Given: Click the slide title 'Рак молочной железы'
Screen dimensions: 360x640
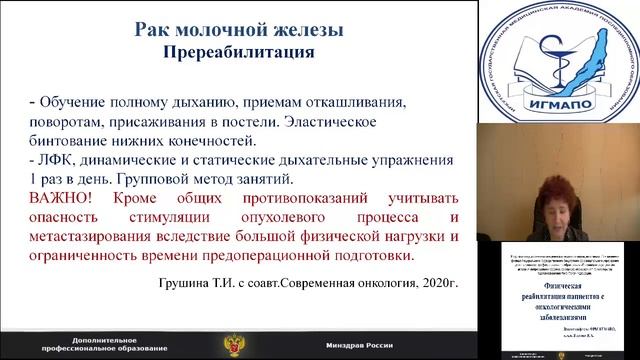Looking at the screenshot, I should [239, 30].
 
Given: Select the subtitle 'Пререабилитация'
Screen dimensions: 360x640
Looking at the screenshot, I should [239, 50].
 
